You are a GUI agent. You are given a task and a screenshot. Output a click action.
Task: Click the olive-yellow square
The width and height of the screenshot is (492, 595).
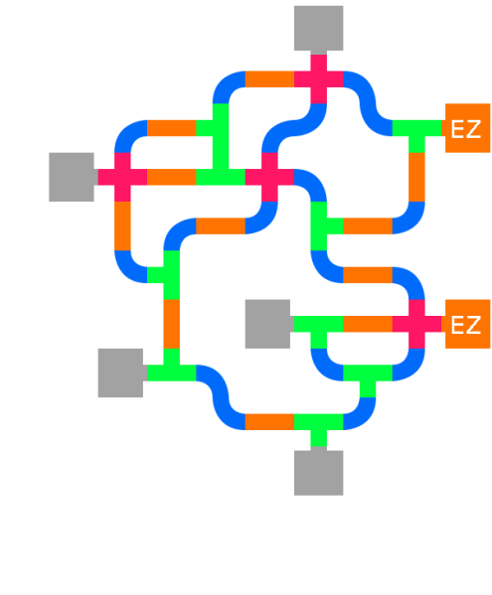pos(74,233)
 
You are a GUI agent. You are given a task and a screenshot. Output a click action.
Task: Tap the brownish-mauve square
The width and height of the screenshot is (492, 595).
pos(221,249)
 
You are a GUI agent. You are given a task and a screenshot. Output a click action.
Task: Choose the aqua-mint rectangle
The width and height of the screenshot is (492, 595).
pos(268,356)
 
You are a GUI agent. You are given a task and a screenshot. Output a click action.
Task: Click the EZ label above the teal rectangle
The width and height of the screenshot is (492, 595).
pos(466,326)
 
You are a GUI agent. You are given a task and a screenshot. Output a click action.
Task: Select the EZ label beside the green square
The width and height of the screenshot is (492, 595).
pos(466,129)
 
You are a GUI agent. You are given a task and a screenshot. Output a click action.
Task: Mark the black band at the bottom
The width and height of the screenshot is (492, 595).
pos(246,544)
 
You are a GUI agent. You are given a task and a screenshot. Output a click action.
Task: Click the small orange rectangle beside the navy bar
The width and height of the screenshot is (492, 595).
pos(269,78)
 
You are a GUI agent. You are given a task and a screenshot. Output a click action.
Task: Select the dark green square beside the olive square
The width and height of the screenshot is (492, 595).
pos(24,233)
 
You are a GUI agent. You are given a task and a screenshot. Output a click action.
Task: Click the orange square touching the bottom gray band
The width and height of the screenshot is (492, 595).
pos(269,431)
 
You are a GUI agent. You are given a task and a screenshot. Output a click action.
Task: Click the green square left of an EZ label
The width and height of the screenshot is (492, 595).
pos(416,135)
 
